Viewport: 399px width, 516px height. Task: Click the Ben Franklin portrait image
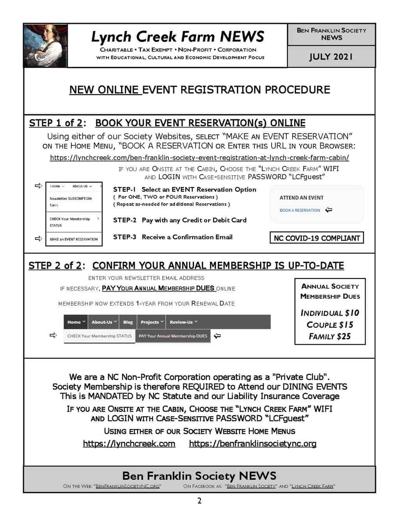(45, 46)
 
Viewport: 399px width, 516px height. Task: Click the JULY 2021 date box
(331, 57)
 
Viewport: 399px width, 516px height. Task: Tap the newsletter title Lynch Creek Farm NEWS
(178, 37)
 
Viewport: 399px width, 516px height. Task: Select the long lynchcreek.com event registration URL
(199, 158)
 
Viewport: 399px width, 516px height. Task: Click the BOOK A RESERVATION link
(300, 210)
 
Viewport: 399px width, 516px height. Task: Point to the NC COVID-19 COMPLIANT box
(316, 238)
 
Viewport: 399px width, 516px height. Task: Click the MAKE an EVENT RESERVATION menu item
(74, 239)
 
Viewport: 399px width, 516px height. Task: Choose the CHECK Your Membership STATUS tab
(99, 336)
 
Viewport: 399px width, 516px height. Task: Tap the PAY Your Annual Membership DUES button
(173, 336)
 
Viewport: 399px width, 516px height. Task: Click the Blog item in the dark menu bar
(128, 322)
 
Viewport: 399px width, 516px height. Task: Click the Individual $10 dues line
(330, 313)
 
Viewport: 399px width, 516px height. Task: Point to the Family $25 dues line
(330, 336)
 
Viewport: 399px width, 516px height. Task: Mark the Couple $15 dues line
(330, 325)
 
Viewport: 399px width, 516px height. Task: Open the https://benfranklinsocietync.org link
(252, 444)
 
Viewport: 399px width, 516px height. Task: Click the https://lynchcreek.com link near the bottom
(129, 444)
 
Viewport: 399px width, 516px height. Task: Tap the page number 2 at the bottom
(199, 501)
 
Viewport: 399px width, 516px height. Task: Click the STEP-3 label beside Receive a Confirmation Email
(124, 237)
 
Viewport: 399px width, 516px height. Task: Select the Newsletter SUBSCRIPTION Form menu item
(70, 201)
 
